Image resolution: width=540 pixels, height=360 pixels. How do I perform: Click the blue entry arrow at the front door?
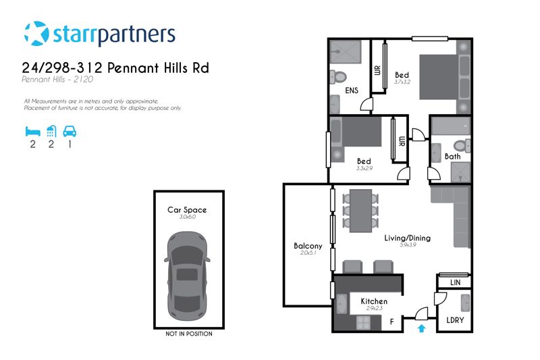(421, 328)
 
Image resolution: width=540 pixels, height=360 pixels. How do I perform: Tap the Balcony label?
(308, 246)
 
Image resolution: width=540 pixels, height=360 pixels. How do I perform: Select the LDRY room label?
(455, 320)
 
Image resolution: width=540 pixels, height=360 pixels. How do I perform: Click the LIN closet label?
(455, 282)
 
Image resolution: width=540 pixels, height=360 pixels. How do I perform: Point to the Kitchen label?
(374, 301)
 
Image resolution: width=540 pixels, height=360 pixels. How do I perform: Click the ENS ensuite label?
(352, 91)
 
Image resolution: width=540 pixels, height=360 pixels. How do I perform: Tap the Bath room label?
(452, 157)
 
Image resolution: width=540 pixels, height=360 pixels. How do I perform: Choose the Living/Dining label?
(408, 238)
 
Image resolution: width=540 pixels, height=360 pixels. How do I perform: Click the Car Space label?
(187, 210)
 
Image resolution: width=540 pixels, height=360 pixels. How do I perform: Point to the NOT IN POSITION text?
(189, 334)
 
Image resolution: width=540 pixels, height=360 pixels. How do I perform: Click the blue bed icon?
(32, 131)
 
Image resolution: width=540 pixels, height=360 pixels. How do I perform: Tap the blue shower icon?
(51, 131)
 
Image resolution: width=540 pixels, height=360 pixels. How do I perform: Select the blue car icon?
(70, 131)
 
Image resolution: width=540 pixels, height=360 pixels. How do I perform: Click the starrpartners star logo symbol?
(36, 33)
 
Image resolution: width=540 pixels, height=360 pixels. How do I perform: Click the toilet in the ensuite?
(338, 77)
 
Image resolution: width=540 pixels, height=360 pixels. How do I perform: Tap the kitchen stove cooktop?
(362, 322)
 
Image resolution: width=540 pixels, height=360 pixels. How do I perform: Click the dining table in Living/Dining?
(360, 211)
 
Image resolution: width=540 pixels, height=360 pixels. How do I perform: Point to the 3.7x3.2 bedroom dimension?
(402, 82)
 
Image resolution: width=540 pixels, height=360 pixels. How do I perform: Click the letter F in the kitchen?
(391, 322)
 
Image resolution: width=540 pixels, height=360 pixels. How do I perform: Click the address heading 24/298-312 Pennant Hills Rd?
(115, 68)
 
